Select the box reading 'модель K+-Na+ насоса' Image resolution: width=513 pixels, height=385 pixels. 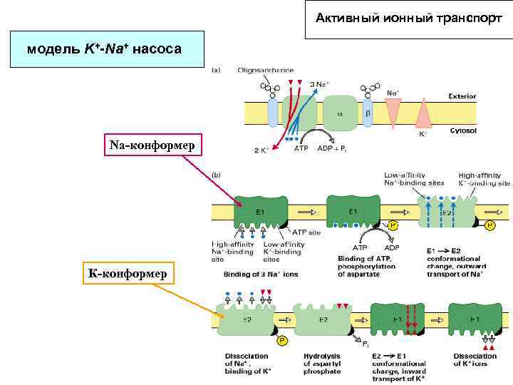(x=104, y=49)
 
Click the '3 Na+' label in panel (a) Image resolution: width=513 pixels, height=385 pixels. (x=318, y=84)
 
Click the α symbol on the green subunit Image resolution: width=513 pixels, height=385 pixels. (x=339, y=113)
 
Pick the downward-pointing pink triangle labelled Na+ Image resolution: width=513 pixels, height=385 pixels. (x=393, y=108)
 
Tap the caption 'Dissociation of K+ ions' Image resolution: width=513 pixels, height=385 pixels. (x=475, y=359)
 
